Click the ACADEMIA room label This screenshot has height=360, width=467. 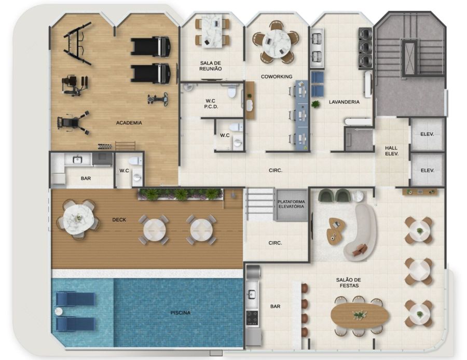pyautogui.click(x=129, y=122)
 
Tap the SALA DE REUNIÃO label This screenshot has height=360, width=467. pyautogui.click(x=211, y=66)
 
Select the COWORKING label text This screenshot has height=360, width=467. pyautogui.click(x=277, y=77)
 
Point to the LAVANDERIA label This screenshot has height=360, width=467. pyautogui.click(x=344, y=102)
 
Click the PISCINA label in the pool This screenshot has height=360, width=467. pyautogui.click(x=180, y=313)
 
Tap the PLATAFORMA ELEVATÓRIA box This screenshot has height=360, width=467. pyautogui.click(x=291, y=205)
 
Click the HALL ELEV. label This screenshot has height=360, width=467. pyautogui.click(x=391, y=150)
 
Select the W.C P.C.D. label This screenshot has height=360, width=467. pyautogui.click(x=211, y=104)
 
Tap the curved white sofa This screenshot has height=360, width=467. pyautogui.click(x=361, y=233)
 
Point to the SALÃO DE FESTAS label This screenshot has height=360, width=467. pyautogui.click(x=349, y=283)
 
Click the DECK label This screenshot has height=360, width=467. pyautogui.click(x=119, y=220)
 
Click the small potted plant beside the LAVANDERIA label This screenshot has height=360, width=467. pyautogui.click(x=315, y=104)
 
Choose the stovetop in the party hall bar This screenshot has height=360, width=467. pyautogui.click(x=252, y=317)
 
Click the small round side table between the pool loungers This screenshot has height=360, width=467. pyautogui.click(x=59, y=311)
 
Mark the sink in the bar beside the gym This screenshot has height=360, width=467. pyautogui.click(x=77, y=160)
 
